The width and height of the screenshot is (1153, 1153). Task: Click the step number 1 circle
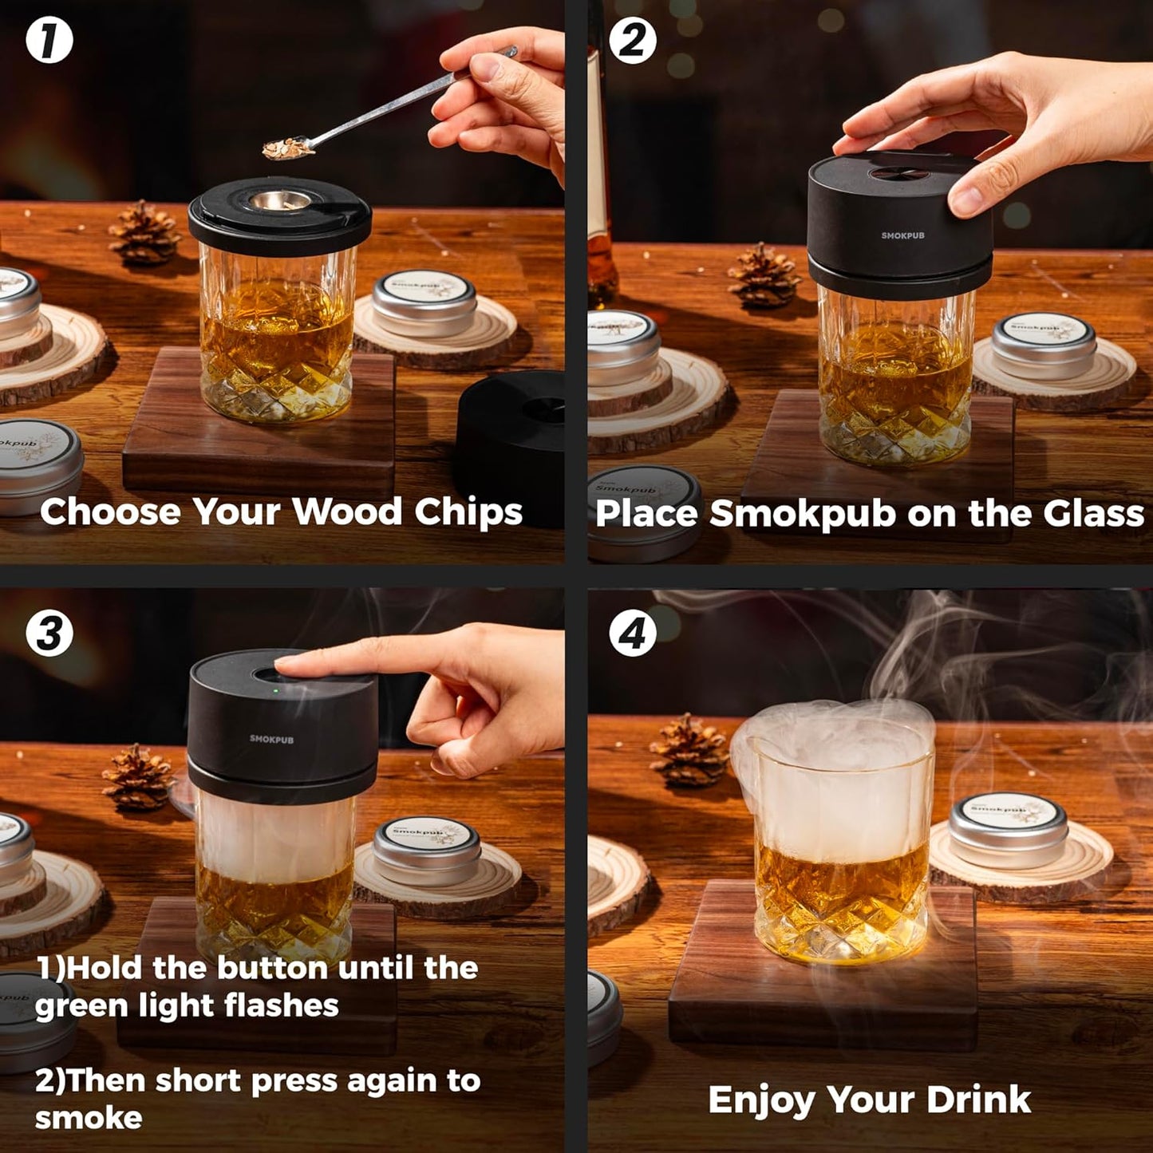[49, 41]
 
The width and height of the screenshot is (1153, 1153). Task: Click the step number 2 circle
[633, 41]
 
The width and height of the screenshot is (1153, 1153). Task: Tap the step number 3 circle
[49, 634]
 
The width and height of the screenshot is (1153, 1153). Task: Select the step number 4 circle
[633, 634]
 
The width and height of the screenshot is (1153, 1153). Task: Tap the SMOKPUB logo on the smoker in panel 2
[902, 235]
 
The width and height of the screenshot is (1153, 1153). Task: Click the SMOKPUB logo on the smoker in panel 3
[271, 739]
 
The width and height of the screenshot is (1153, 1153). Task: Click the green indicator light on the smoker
[275, 691]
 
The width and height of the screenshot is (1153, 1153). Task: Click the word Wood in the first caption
[347, 511]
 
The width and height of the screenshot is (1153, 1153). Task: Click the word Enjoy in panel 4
[761, 1100]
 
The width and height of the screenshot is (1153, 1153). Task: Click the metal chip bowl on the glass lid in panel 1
[279, 201]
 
